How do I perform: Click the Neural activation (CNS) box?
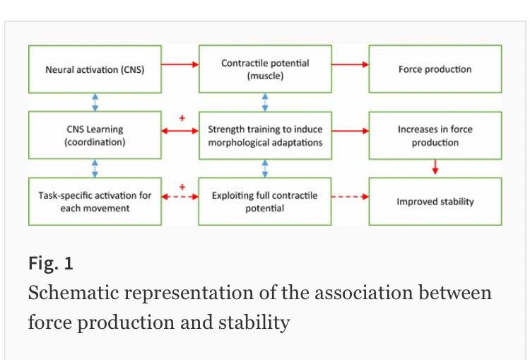coord(95,69)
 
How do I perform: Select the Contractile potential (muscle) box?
coord(265,69)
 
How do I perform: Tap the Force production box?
coord(435,69)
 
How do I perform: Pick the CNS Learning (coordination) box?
coord(95,135)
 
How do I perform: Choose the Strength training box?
coord(265,135)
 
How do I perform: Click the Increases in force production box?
coord(435,135)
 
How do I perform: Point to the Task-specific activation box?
coord(95,202)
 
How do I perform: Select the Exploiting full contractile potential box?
coord(265,202)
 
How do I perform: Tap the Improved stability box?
coord(435,202)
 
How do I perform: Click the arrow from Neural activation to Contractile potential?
coord(180,64)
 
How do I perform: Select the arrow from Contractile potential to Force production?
coord(351,64)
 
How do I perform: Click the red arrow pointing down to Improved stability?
coord(435,167)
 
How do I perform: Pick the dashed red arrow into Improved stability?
coord(351,197)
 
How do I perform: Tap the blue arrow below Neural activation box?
coord(95,103)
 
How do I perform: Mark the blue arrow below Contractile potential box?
coord(265,103)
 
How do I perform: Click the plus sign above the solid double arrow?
coord(182,118)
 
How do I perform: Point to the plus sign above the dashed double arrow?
coord(182,187)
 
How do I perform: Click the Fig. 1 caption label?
coord(51,263)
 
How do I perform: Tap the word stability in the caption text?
coord(254,323)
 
